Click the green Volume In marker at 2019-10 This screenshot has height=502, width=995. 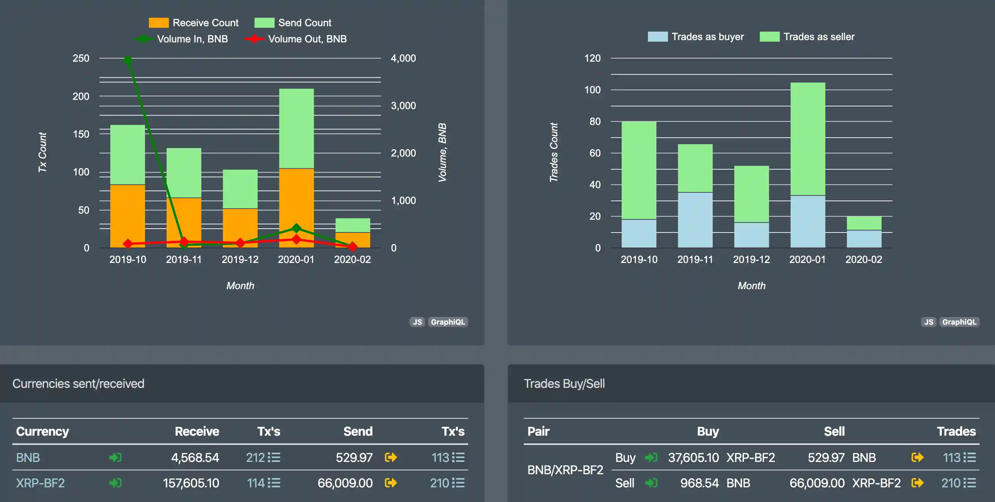128,60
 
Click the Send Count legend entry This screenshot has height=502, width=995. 293,23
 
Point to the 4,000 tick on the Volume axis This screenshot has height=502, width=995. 403,58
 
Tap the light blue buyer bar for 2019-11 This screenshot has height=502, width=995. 695,220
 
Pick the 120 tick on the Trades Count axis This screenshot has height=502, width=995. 592,58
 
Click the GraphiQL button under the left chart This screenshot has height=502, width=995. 448,322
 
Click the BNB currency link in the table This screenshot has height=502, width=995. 28,458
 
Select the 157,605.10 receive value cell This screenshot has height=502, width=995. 191,483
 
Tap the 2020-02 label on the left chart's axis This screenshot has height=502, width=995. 352,259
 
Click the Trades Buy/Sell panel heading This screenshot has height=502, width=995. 564,384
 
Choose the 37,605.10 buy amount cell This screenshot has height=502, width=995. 693,458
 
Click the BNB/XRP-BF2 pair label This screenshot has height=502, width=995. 565,470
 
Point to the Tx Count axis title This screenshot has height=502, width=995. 42,153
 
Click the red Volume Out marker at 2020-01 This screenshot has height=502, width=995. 296,239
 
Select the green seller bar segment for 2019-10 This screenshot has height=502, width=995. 639,170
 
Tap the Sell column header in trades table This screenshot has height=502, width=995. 834,431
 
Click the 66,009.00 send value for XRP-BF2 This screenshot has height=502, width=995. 345,483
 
